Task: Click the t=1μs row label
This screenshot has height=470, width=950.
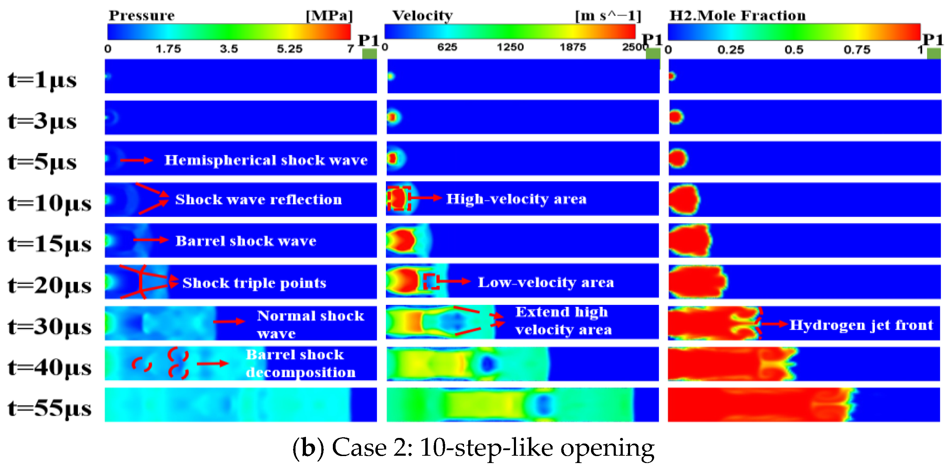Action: [42, 80]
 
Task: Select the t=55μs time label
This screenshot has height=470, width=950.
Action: [50, 408]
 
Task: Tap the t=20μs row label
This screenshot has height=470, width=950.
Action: [50, 285]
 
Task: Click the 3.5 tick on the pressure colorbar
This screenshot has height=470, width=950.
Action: [229, 49]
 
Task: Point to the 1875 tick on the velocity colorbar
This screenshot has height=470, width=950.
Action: [573, 47]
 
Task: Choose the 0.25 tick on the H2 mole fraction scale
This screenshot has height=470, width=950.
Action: [731, 49]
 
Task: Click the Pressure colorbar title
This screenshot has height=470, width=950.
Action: [142, 15]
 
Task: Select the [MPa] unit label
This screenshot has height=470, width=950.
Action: [329, 15]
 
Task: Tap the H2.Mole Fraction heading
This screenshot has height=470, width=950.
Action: [738, 15]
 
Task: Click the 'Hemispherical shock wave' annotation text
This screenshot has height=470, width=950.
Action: [266, 160]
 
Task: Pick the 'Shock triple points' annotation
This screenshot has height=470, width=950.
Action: [254, 283]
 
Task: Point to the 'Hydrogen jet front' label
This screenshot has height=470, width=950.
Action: [861, 325]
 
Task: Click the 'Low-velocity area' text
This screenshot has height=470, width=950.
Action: [546, 282]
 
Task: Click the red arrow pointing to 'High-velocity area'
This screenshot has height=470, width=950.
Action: [426, 198]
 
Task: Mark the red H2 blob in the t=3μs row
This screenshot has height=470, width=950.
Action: [676, 117]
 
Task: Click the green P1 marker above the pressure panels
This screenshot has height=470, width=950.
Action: [369, 54]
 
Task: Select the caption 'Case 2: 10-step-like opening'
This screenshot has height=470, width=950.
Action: [474, 448]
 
